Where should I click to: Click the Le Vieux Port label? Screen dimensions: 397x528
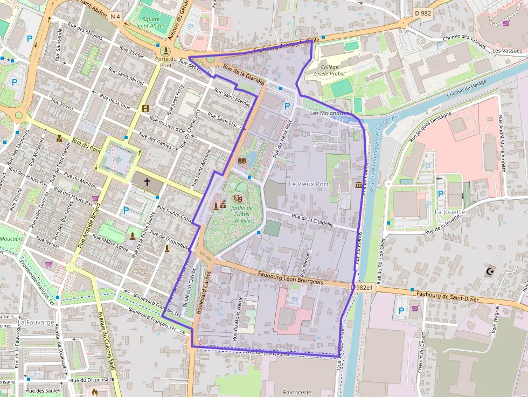(x=308, y=184)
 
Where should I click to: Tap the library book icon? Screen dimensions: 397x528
(x=242, y=161)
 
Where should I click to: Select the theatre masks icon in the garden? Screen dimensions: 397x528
(x=239, y=199)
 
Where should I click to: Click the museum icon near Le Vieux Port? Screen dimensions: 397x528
(x=359, y=185)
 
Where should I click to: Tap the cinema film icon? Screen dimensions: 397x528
(x=144, y=108)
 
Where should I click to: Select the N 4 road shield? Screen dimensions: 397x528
(x=115, y=17)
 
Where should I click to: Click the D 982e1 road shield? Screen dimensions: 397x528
(x=362, y=288)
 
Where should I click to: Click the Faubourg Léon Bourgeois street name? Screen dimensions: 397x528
(x=290, y=278)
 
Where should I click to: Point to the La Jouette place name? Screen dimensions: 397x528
(x=449, y=212)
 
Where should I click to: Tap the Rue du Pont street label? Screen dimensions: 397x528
(x=86, y=144)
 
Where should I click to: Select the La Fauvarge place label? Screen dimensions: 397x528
(x=36, y=322)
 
